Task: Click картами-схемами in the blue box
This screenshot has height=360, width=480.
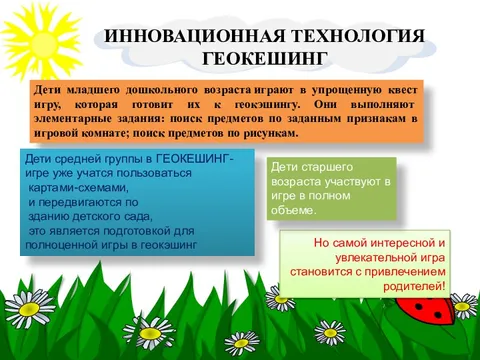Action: pos(79,187)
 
